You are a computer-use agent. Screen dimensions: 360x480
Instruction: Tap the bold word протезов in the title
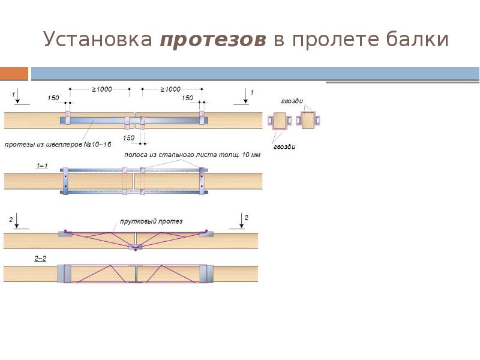[213, 40]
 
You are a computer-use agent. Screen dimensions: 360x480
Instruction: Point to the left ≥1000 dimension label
[101, 89]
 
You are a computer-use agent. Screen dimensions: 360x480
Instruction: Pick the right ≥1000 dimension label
[170, 89]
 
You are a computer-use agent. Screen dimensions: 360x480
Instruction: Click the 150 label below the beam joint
[128, 138]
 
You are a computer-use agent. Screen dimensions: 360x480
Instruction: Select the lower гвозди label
[284, 146]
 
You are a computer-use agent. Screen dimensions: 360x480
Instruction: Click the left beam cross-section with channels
[279, 121]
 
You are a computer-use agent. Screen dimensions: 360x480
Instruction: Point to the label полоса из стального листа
[192, 155]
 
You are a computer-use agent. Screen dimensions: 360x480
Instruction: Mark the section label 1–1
[41, 165]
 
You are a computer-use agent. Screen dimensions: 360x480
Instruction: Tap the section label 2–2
[41, 258]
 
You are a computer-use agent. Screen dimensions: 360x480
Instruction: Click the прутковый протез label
[159, 221]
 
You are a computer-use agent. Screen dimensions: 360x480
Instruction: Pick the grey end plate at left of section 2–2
[64, 274]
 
